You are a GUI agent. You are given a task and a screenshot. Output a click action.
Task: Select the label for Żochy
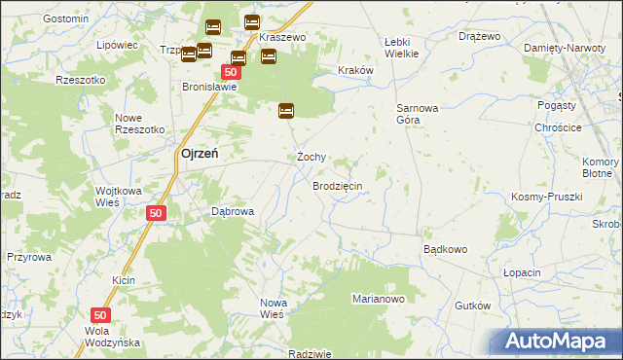311,157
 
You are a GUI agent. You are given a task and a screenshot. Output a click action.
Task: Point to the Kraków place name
355,70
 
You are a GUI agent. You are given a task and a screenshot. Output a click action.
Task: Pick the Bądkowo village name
445,249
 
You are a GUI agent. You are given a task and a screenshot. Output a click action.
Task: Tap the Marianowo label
378,300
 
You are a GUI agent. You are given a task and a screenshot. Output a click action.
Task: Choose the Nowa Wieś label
272,308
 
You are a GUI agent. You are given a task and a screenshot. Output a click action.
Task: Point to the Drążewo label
479,36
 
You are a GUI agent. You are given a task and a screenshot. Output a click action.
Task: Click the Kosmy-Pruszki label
546,197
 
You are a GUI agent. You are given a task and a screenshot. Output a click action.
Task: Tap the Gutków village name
472,306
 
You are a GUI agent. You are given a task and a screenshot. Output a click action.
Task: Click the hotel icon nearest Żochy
286,111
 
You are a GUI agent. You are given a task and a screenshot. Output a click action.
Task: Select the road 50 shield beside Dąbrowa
156,213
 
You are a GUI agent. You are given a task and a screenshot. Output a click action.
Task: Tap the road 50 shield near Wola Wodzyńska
100,315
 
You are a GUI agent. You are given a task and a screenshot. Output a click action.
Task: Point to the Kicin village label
124,280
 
